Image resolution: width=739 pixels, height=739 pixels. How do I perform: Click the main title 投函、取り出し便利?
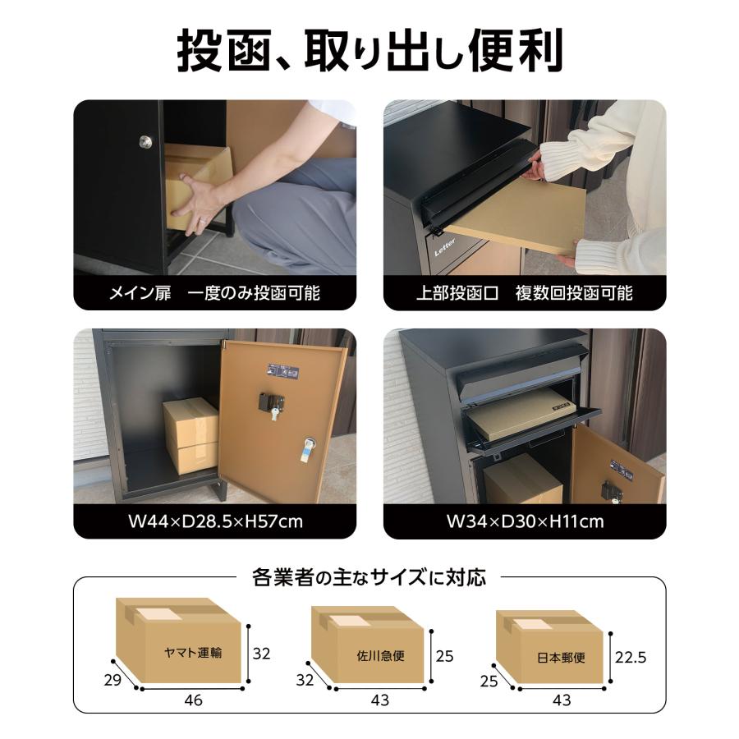[x=369, y=51]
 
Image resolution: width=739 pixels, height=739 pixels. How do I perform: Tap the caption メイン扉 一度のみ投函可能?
[x=214, y=293]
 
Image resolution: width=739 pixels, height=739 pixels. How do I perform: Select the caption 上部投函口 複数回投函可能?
[x=524, y=293]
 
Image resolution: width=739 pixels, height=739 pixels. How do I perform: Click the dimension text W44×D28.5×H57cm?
[x=214, y=521]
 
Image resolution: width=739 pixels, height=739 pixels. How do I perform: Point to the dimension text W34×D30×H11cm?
[x=525, y=521]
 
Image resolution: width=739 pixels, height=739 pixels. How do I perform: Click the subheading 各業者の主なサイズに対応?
[x=369, y=577]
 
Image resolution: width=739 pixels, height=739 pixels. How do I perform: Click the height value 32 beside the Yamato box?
[x=261, y=654]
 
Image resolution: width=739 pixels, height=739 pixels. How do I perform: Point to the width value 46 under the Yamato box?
[x=194, y=700]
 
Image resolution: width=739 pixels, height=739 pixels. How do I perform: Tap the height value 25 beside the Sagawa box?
[x=445, y=657]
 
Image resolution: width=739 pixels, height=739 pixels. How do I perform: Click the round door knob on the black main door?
[x=145, y=142]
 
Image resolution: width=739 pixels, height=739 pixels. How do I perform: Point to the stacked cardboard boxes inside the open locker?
[x=190, y=435]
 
